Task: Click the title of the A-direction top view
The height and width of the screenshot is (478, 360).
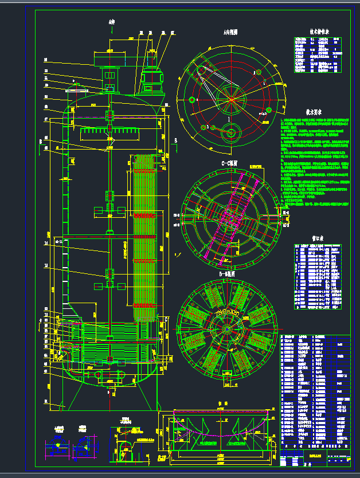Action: coord(230,33)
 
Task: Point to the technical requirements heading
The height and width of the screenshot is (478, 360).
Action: coord(315,113)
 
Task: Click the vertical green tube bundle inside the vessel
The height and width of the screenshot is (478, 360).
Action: coord(144,235)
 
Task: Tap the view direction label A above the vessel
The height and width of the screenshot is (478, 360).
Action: coord(111,23)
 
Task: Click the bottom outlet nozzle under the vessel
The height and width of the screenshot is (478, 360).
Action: coord(109,390)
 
